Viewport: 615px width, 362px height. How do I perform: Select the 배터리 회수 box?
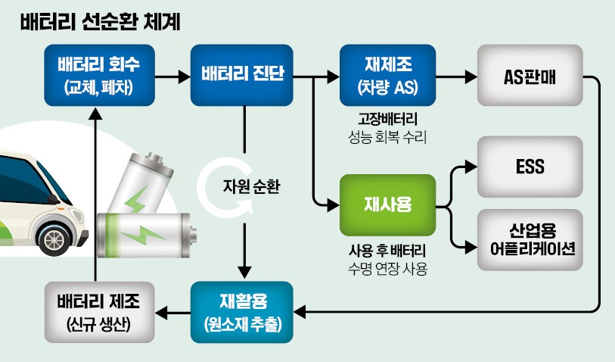98,75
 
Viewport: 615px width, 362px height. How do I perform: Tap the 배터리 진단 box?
242,75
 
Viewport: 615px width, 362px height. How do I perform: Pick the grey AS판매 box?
530,75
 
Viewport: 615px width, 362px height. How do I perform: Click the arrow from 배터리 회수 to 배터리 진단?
173,76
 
